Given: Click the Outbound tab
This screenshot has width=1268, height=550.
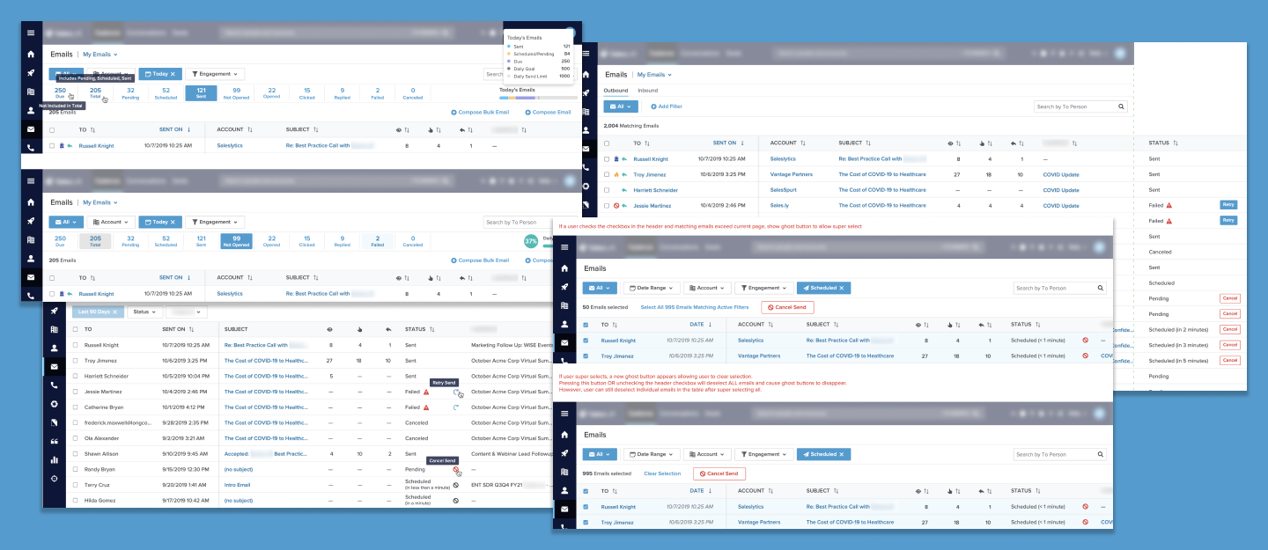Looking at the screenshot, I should point(616,91).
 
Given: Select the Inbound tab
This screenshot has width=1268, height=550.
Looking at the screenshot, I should point(647,91).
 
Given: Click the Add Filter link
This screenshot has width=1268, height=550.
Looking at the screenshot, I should point(667,106).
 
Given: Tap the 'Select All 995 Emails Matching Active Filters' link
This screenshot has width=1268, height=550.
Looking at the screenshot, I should point(695,307).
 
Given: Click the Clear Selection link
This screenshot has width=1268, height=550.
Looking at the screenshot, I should point(662,473).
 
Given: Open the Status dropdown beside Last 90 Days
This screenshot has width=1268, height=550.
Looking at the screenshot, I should point(144,312).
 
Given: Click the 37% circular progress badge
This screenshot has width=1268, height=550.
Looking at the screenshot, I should point(531,240).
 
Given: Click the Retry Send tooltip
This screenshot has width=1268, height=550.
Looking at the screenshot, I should point(443,383).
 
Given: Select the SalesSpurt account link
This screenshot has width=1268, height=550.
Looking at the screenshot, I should point(788,190).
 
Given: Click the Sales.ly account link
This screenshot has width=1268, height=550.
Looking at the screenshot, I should point(780,206).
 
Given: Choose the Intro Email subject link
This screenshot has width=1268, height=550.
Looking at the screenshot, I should point(237,485).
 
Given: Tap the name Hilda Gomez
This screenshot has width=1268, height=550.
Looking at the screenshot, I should point(103,501).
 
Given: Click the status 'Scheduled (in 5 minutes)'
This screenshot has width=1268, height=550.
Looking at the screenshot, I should point(1177,361).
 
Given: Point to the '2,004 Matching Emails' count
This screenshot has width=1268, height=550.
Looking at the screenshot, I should point(631,126).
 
